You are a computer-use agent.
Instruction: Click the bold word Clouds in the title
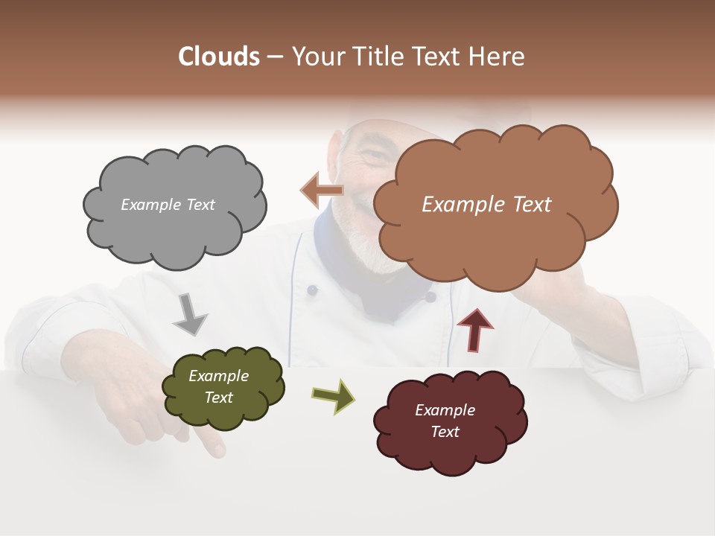click(219, 57)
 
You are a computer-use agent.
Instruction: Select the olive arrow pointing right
click(334, 395)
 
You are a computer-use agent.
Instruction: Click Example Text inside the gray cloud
click(168, 205)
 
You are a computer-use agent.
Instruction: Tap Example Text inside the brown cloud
click(486, 205)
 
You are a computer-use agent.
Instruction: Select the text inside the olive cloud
click(219, 386)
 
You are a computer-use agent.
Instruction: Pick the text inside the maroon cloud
click(445, 421)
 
